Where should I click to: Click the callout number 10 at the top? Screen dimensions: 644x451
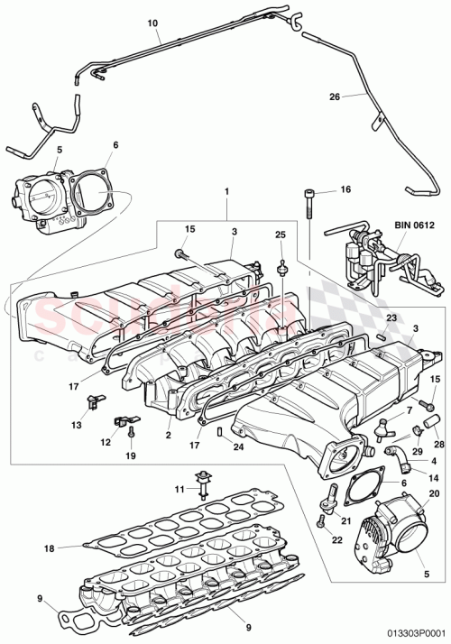click(x=151, y=21)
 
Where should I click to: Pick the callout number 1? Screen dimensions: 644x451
click(x=226, y=191)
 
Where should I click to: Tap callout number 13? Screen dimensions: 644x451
click(x=76, y=424)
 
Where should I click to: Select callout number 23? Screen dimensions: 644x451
click(x=391, y=317)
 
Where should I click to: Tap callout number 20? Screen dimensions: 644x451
click(x=434, y=492)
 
